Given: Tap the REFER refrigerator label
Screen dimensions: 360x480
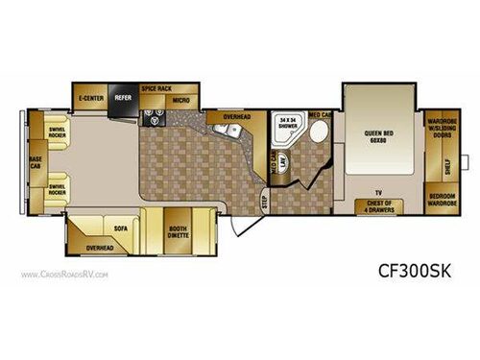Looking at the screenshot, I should pyautogui.click(x=123, y=97).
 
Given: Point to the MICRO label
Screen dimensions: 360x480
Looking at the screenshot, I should pyautogui.click(x=180, y=100).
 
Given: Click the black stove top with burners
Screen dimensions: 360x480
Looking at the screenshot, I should pyautogui.click(x=154, y=120).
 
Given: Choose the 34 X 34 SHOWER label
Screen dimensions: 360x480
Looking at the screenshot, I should pyautogui.click(x=285, y=123).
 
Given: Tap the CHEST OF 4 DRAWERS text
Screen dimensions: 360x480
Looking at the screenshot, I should pyautogui.click(x=381, y=203).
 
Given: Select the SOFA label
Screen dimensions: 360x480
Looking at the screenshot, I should pyautogui.click(x=121, y=229).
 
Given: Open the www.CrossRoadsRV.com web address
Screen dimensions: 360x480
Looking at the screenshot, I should pyautogui.click(x=65, y=275).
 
